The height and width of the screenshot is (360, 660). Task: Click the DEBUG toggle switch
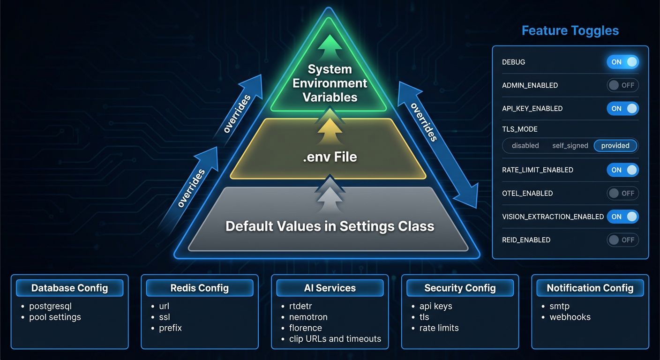622,62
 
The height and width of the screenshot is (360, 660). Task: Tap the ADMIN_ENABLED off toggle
622,85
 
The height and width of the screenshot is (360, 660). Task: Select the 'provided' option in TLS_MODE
615,146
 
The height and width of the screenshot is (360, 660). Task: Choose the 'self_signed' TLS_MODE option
570,146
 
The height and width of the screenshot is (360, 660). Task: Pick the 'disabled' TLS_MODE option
525,146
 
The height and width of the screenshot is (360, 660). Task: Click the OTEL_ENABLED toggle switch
622,193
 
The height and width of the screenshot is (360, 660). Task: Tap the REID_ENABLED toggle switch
622,240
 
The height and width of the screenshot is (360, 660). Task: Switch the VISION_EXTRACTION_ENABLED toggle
622,217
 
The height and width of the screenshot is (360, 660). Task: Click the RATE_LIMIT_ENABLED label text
537,170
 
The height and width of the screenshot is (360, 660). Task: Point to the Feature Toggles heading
570,31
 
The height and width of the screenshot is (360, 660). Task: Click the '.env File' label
330,157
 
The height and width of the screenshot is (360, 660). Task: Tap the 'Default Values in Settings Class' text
330,226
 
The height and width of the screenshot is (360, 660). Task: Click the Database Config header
69,288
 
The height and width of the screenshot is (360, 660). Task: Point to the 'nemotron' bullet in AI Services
308,317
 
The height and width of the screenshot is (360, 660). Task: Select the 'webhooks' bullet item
570,317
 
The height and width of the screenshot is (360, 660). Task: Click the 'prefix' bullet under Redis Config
170,328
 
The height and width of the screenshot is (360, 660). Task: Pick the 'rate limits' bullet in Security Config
439,328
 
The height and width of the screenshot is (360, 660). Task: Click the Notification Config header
590,288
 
